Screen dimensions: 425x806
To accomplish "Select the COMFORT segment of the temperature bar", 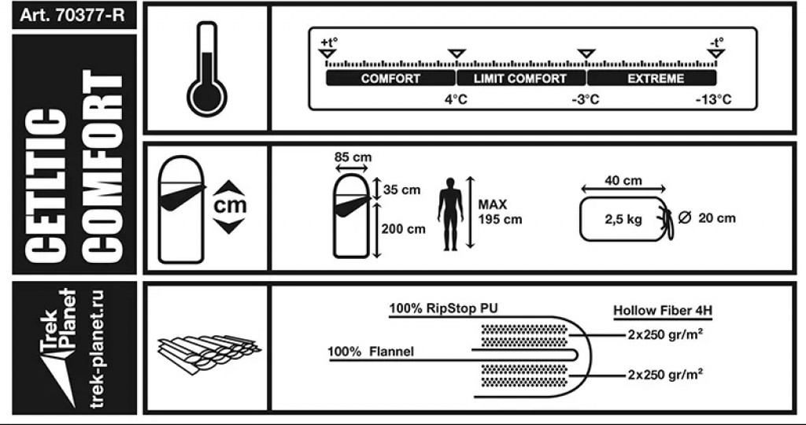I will pyautogui.click(x=390, y=79).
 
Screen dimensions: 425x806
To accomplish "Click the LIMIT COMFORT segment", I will pyautogui.click(x=521, y=79).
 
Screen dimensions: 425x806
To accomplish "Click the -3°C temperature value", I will pyautogui.click(x=585, y=100).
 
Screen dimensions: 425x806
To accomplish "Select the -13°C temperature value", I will pyautogui.click(x=713, y=100).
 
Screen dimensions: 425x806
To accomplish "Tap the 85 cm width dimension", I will pyautogui.click(x=352, y=157).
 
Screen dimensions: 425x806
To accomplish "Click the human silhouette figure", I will pyautogui.click(x=450, y=213).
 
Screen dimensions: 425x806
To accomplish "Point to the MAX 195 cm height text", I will pyautogui.click(x=499, y=212).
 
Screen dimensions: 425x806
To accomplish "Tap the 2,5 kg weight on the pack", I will pyautogui.click(x=623, y=220).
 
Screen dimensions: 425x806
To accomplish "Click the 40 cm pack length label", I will pyautogui.click(x=623, y=181).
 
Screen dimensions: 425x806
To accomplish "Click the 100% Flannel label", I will pyautogui.click(x=371, y=351).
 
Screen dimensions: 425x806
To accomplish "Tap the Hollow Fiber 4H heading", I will pyautogui.click(x=656, y=311).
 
